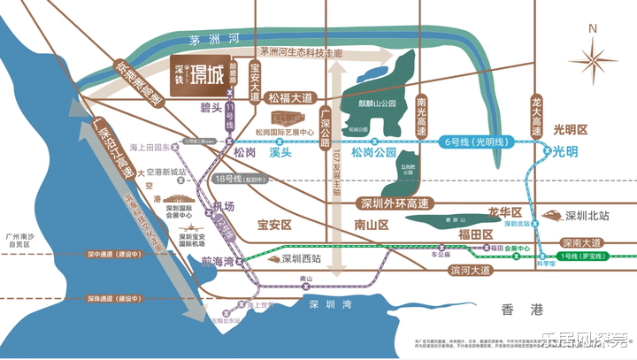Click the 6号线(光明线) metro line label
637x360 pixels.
point(478,141)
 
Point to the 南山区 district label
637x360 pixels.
point(372,226)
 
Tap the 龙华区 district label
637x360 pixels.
point(506,213)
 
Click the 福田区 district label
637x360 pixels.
point(475,234)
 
